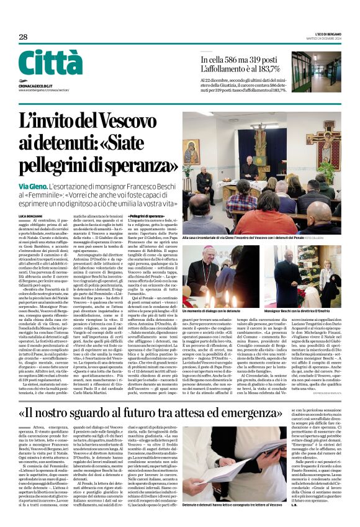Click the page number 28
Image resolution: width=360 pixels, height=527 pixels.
23,37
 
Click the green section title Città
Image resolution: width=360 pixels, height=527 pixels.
50,63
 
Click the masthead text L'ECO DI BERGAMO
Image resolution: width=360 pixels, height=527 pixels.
324,34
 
